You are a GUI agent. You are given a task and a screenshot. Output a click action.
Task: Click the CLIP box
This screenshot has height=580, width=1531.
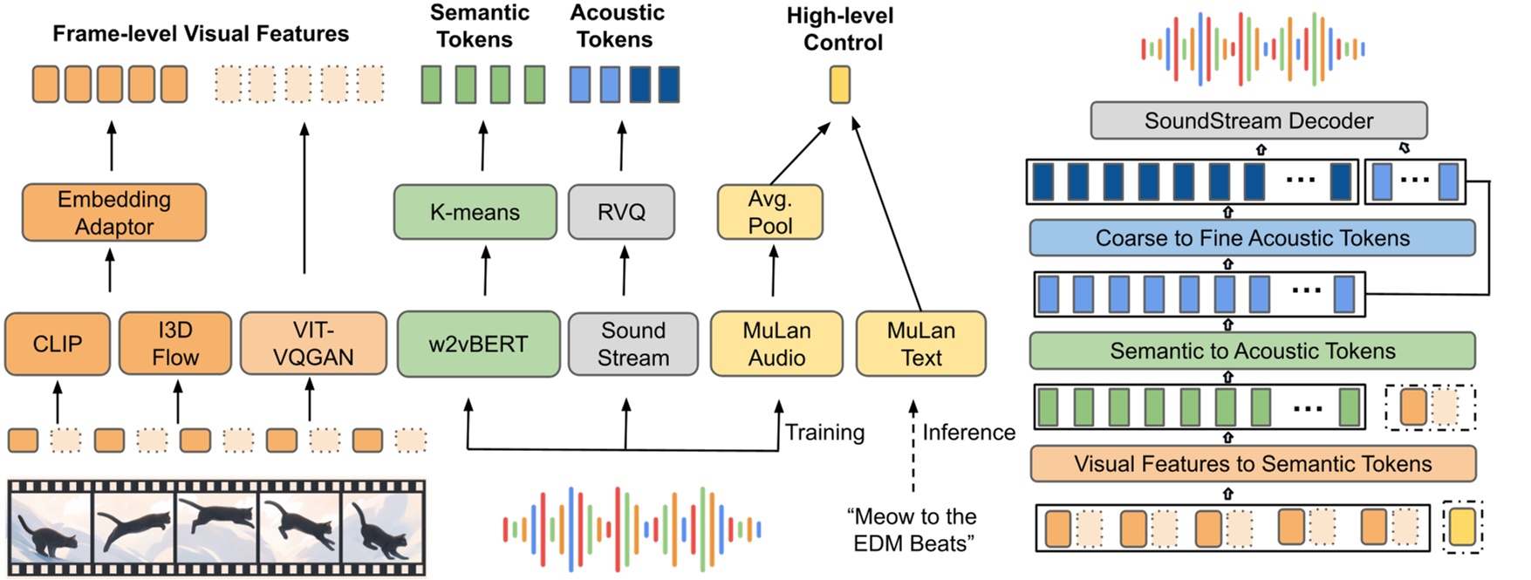tap(58, 345)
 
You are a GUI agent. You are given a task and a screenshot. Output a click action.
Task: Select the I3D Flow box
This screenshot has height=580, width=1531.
tap(174, 344)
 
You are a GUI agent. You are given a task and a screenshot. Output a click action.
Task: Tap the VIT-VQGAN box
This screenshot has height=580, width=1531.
tap(313, 344)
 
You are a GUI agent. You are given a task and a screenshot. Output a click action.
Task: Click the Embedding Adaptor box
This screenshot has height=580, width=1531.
tap(114, 213)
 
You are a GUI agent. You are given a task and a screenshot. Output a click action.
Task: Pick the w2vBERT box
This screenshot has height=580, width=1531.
tap(478, 345)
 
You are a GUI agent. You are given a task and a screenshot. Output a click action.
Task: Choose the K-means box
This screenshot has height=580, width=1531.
tap(475, 212)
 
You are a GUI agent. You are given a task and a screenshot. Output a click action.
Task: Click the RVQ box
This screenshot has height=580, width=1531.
tap(621, 212)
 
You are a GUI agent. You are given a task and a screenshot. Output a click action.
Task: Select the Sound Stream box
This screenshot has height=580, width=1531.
tap(633, 345)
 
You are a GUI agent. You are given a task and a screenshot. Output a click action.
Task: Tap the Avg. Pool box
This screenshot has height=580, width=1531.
tap(769, 212)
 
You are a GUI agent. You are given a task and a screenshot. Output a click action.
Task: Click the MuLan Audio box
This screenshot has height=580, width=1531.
tap(776, 345)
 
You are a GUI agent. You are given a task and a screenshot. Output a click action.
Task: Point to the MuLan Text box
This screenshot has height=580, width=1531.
tap(921, 345)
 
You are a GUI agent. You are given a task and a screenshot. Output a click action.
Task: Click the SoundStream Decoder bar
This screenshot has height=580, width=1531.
tap(1258, 121)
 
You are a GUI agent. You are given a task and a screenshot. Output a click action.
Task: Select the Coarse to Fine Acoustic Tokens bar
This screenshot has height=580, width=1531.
tap(1252, 238)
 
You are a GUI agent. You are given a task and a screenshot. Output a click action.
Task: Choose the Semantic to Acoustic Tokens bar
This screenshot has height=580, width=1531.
tap(1252, 351)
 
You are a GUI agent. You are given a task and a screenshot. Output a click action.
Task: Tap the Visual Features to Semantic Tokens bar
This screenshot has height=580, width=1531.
tap(1252, 464)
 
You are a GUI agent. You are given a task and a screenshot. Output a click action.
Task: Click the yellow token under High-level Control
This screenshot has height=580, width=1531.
tap(839, 85)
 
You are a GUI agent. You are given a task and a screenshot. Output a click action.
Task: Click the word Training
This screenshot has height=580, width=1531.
tap(824, 433)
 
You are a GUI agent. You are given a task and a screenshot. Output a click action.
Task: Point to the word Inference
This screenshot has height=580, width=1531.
tap(968, 433)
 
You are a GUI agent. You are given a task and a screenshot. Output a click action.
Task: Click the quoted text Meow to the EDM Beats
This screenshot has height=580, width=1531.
tap(912, 530)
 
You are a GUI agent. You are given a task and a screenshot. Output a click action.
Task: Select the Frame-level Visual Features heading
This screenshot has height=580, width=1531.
tap(201, 34)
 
